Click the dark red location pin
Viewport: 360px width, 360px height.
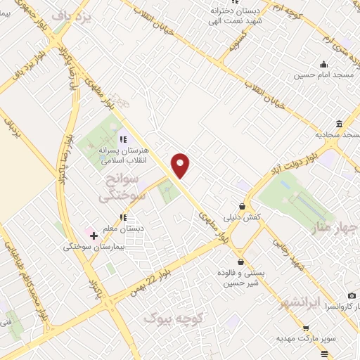(181, 165)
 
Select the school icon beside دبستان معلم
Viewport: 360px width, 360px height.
(123, 217)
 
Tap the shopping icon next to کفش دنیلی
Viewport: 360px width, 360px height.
(243, 206)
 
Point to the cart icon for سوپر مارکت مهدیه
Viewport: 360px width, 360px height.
(305, 328)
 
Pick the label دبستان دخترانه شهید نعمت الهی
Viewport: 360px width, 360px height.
(250, 15)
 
